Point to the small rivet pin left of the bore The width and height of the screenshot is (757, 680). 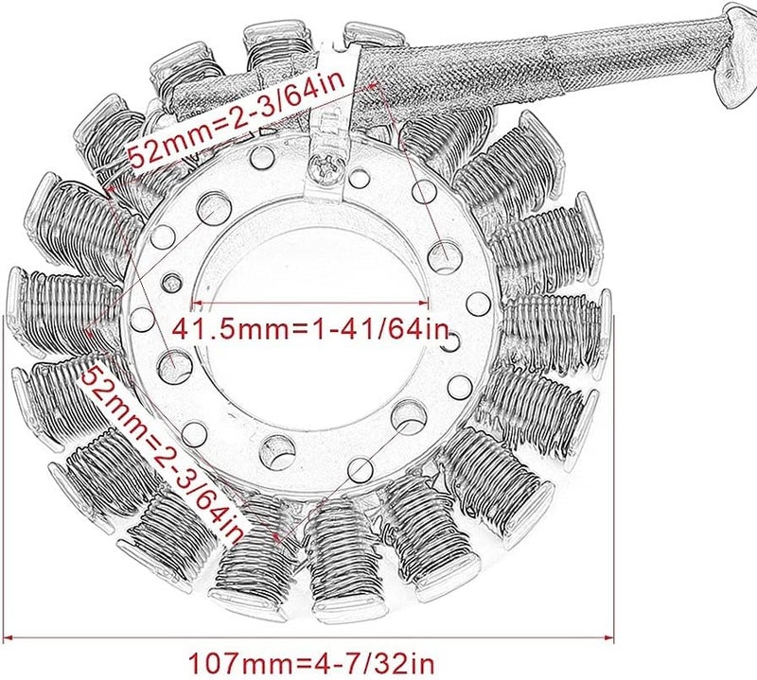171,279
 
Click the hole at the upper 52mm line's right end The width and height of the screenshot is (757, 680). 441,253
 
